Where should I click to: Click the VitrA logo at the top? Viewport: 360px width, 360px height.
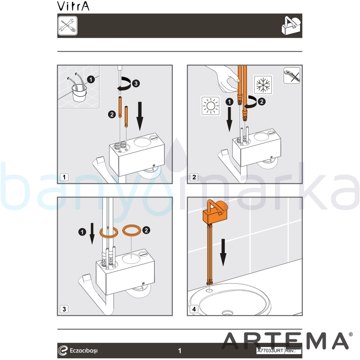pos(73,6)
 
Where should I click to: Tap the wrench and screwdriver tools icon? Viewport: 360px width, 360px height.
pos(68,26)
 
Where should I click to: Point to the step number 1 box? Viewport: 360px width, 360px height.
pos(64,177)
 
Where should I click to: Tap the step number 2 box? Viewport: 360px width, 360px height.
pos(194,177)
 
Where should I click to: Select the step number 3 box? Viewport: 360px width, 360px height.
pos(64,309)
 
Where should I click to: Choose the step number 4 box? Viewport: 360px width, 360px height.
pos(194,309)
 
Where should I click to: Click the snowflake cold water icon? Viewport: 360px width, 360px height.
pos(263,85)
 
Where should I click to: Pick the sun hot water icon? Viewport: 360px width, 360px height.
pos(210,105)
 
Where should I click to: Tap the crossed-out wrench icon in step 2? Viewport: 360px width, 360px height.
pos(292,76)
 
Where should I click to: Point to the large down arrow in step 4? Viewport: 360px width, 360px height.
pos(223,253)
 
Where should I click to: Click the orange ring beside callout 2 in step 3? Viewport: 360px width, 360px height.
pos(132,230)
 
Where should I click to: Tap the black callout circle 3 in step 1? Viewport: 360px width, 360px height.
pos(136,84)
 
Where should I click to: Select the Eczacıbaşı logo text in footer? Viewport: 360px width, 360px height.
pos(84,351)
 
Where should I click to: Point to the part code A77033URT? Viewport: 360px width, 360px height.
pos(270,351)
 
